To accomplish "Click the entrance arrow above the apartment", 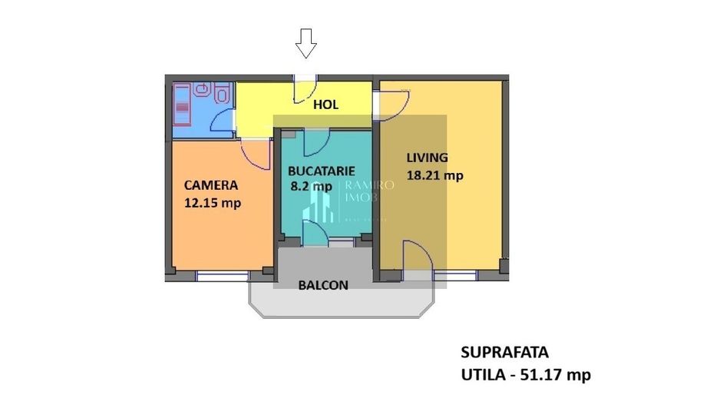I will click(x=306, y=44).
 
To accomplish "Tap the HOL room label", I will click(x=325, y=105).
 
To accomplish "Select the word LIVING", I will click(x=427, y=158).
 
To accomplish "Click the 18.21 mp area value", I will click(x=435, y=175).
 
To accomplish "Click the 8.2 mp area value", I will click(x=310, y=186).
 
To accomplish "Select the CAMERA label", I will click(x=210, y=185).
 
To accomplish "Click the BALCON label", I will click(x=322, y=285).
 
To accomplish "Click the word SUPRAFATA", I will click(x=504, y=353).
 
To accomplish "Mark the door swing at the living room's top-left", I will click(x=394, y=102).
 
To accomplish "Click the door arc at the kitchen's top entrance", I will click(x=316, y=141).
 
